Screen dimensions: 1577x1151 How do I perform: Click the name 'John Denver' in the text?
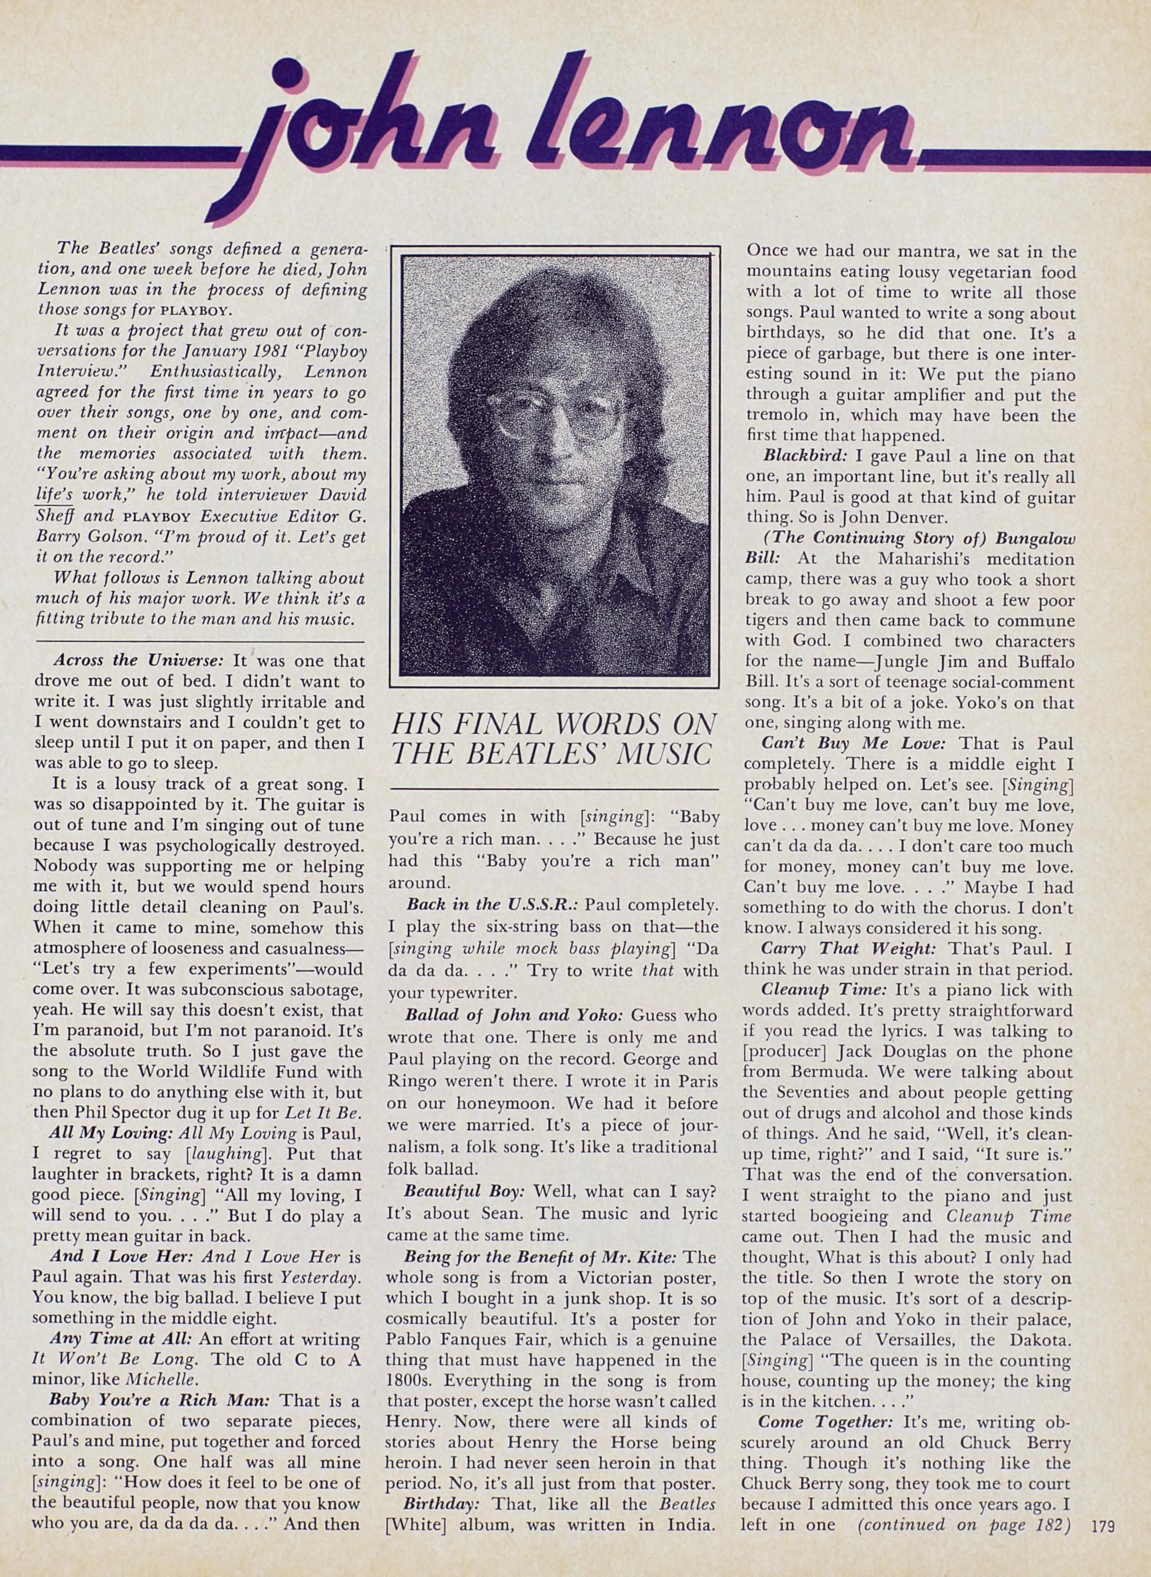pos(879,518)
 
